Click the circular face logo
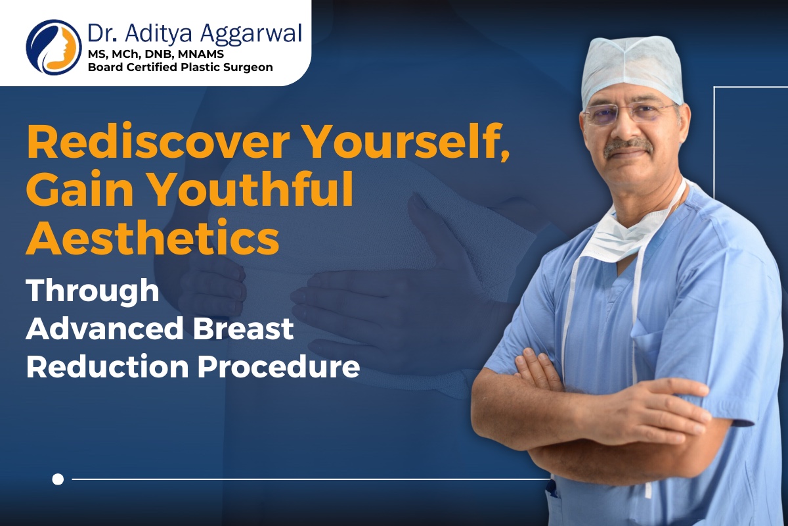tap(54, 47)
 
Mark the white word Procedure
tap(278, 367)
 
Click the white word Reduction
tap(108, 367)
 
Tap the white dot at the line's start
tap(58, 479)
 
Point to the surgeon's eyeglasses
tap(629, 114)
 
